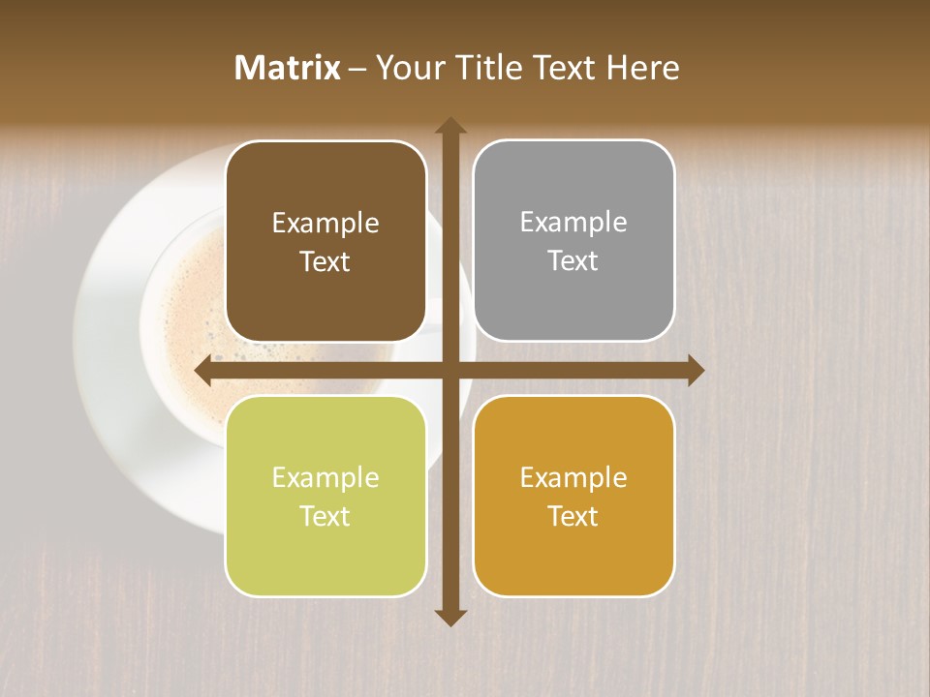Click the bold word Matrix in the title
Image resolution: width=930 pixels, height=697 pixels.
point(288,68)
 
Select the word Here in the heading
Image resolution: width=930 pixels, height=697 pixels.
point(642,68)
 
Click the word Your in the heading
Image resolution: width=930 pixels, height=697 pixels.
point(408,68)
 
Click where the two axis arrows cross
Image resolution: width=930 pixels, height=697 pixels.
point(449,371)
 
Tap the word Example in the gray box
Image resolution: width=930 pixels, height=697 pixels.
point(573,223)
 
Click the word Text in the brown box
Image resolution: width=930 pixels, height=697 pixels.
point(325,262)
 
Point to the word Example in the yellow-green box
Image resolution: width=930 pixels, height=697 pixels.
point(325,477)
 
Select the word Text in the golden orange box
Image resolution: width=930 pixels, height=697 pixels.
point(573,516)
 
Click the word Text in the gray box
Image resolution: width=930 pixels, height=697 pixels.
point(573,261)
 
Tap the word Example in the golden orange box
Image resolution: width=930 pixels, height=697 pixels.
point(573,477)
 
